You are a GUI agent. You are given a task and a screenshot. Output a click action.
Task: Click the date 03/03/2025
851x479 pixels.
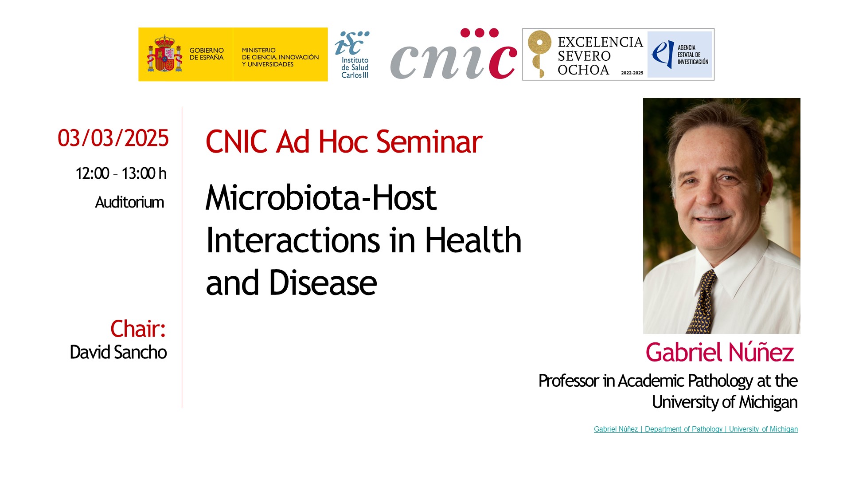(113, 138)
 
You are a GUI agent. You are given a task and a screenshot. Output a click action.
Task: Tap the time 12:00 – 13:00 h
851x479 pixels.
(121, 173)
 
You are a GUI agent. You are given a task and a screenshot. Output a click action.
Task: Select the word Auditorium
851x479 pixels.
(129, 202)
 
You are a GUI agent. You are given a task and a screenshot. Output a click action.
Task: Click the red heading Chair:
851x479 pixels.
(138, 329)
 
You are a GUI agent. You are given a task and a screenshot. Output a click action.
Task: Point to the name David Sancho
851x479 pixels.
(118, 352)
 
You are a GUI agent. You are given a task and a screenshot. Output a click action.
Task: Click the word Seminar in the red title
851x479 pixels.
(429, 142)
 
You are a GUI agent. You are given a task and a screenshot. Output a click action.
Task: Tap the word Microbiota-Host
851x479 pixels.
(321, 197)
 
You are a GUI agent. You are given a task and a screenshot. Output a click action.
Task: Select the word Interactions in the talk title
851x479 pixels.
(293, 240)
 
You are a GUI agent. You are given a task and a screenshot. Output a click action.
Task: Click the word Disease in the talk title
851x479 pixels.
(323, 283)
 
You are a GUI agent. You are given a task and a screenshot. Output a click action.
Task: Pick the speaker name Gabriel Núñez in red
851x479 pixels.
(719, 353)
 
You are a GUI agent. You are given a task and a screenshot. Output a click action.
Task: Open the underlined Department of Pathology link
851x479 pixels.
(683, 429)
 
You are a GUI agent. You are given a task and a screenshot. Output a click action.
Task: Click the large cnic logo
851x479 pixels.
(453, 54)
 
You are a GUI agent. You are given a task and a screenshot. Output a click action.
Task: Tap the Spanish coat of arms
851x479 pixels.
(165, 54)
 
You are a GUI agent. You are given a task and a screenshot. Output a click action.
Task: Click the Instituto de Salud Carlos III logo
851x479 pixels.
(353, 55)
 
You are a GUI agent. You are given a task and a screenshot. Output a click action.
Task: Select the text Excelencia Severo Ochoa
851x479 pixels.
(600, 56)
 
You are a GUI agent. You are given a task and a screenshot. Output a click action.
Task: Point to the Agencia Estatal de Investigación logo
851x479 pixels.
(679, 55)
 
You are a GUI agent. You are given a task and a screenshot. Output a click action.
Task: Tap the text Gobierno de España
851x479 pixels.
(207, 54)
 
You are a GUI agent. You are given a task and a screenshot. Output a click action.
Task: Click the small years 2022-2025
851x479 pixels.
(632, 73)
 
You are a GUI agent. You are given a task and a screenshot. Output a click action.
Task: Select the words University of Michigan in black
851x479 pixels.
(725, 402)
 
